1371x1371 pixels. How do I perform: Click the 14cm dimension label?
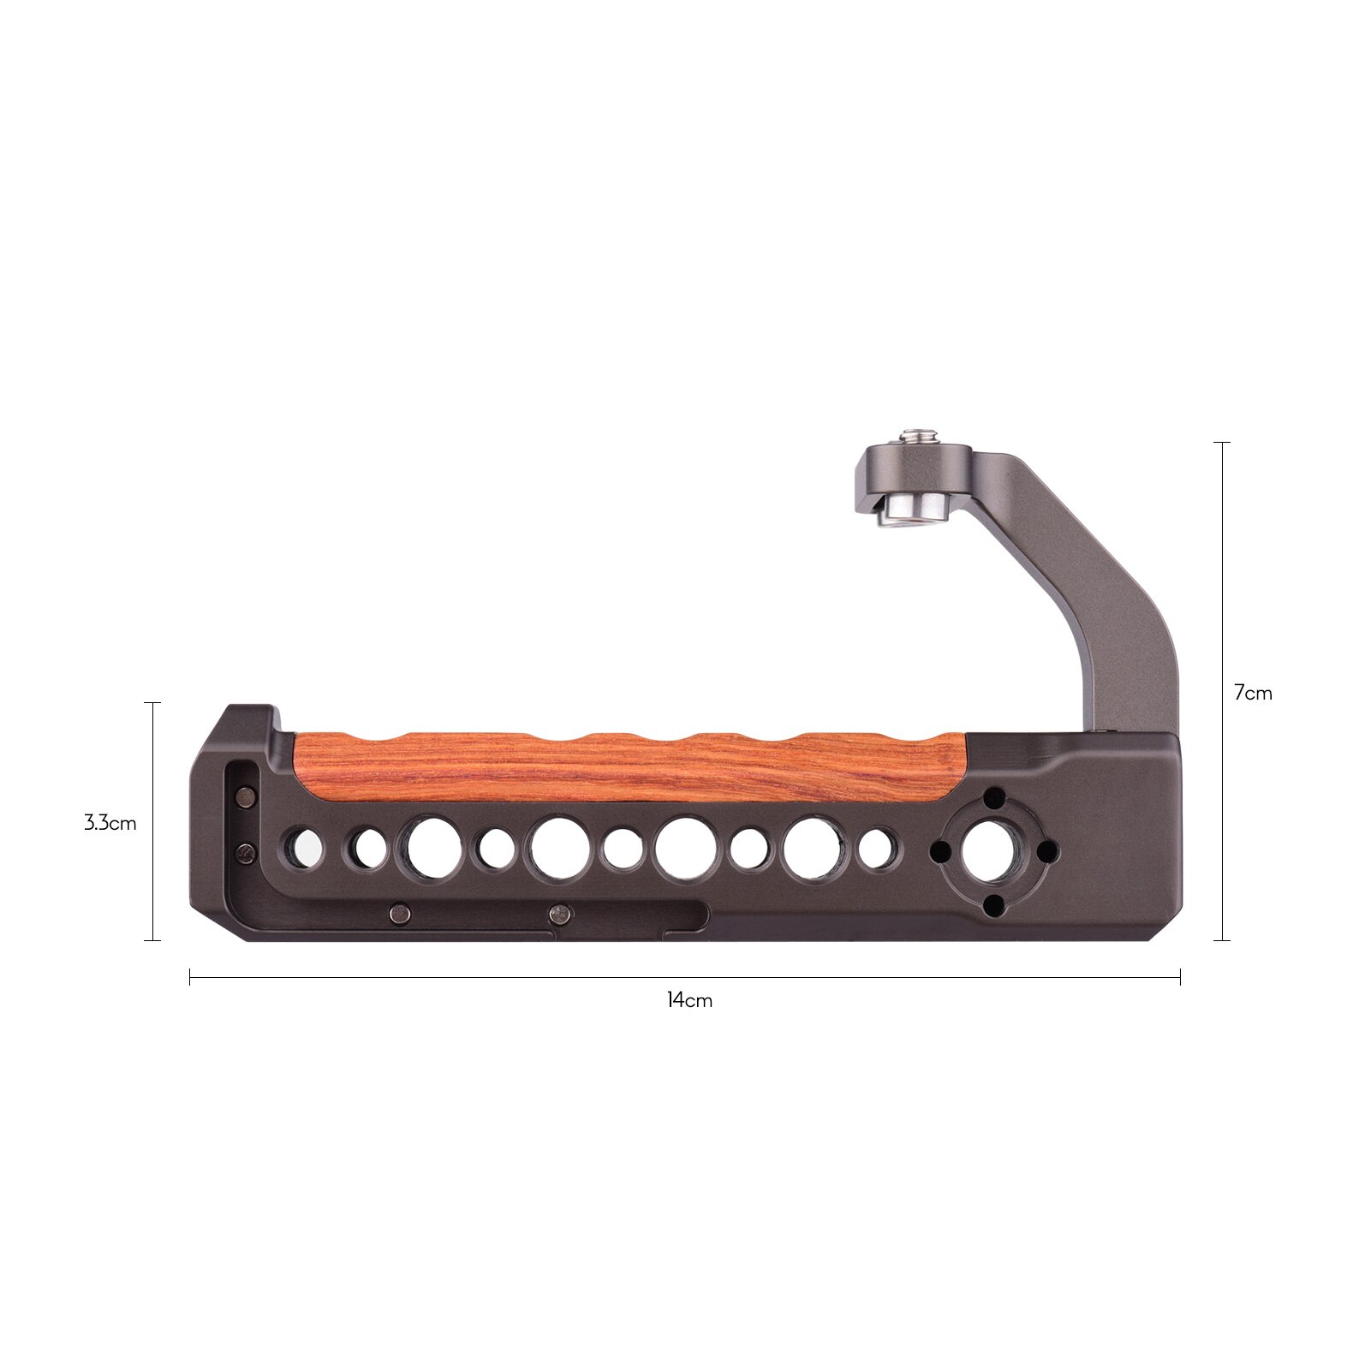coord(689,999)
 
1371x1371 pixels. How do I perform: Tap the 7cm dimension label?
coord(1253,693)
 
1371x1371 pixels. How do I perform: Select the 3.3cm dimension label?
coord(110,824)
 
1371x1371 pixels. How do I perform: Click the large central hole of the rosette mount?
coord(992,851)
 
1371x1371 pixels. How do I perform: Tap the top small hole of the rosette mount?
coord(993,799)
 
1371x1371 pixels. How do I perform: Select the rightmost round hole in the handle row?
coord(874,849)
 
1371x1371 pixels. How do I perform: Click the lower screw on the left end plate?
coord(247,852)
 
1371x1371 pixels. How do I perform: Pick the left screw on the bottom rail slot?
coord(399,915)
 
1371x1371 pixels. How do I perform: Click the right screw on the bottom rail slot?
coord(560,915)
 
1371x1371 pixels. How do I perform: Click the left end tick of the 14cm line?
coord(190,977)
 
